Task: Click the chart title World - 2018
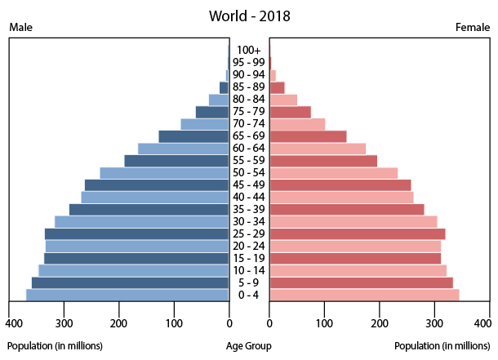tap(249, 16)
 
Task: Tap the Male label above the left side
tap(21, 28)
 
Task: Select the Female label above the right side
tap(472, 28)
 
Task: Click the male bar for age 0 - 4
tap(127, 295)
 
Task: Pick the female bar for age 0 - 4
tap(364, 295)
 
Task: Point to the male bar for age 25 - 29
tap(137, 233)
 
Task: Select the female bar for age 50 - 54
tap(333, 173)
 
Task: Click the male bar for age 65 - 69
tap(193, 136)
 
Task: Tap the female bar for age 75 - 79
tap(290, 112)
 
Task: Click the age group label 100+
tap(249, 51)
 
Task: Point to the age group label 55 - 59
tap(249, 161)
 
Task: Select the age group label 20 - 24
tap(249, 246)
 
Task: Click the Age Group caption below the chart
tap(249, 345)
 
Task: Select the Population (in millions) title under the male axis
tap(56, 345)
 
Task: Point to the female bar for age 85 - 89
tap(277, 87)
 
